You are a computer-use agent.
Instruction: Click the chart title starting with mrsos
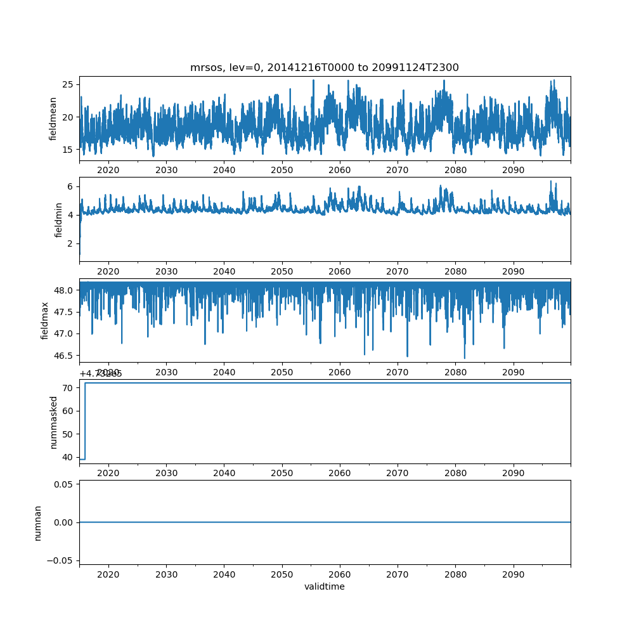pos(325,67)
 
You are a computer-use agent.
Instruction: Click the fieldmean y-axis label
pos(53,119)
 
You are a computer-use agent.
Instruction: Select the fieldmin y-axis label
pos(58,219)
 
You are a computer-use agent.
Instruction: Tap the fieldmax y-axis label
pos(44,320)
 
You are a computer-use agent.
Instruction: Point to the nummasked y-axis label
pos(54,422)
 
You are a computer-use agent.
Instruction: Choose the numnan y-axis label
pos(38,522)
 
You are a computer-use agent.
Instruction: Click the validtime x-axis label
pos(325,586)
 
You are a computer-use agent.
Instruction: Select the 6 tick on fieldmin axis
pos(71,186)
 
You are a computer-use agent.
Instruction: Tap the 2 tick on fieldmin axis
pos(71,243)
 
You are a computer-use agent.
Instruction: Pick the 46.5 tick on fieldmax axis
pos(62,356)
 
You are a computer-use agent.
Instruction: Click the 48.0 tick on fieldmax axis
pos(62,290)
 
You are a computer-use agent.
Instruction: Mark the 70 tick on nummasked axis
pos(68,387)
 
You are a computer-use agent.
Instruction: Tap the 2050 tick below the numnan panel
pos(282,574)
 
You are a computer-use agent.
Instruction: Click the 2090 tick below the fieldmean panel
pos(513,171)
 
